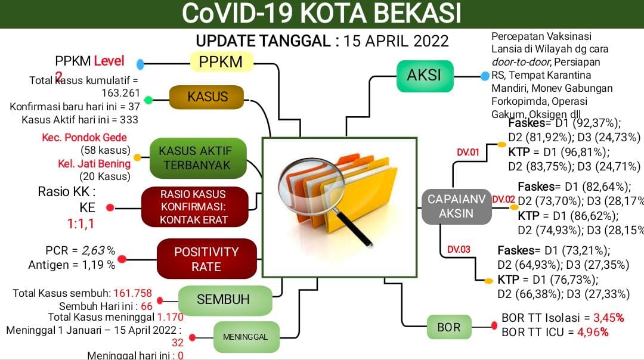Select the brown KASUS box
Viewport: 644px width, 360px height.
tap(208, 97)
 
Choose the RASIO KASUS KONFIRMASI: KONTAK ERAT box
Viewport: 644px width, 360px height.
tap(193, 207)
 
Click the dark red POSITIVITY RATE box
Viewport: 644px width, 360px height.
tap(206, 259)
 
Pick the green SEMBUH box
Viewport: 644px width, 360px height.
tap(223, 299)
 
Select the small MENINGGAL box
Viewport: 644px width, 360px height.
tap(245, 337)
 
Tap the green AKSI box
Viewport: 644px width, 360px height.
tap(425, 76)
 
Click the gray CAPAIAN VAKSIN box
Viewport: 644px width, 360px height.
tap(456, 206)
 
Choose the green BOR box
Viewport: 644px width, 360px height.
tap(448, 327)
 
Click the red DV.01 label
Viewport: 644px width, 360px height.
tap(468, 152)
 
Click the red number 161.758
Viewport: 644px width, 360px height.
tap(133, 293)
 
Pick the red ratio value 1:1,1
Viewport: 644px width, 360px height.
tap(80, 224)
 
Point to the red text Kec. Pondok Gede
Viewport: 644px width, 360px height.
tap(84, 138)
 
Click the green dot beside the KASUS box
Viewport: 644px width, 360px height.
tap(148, 100)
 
